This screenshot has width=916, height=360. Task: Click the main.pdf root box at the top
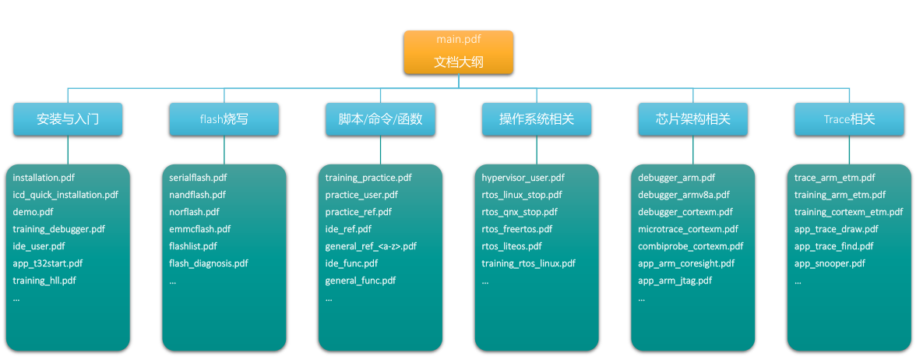click(x=458, y=52)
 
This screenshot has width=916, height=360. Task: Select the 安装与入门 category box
click(x=68, y=119)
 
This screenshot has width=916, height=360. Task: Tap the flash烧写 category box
click(x=224, y=119)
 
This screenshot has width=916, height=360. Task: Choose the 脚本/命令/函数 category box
click(x=380, y=119)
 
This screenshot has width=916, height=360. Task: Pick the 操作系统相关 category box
click(x=537, y=119)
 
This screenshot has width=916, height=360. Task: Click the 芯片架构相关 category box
click(x=693, y=119)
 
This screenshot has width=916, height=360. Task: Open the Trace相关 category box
click(x=849, y=119)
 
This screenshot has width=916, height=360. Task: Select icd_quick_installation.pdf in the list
click(x=65, y=195)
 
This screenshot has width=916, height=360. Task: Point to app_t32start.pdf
click(x=48, y=263)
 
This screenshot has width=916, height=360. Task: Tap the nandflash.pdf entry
click(x=197, y=195)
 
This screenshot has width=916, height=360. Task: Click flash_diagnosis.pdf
click(x=209, y=263)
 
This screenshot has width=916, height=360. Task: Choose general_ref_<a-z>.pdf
click(x=371, y=246)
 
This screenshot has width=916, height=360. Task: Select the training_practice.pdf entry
click(x=368, y=178)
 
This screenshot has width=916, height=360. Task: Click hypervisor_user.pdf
click(x=523, y=178)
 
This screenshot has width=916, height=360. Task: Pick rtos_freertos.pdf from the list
click(x=516, y=229)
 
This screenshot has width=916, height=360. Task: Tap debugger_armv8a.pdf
click(x=684, y=195)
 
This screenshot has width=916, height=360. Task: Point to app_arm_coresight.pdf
click(x=686, y=263)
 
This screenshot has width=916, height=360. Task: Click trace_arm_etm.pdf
click(x=834, y=178)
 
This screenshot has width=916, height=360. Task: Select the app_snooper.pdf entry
click(x=830, y=263)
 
